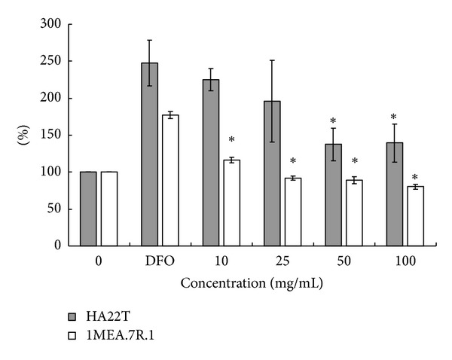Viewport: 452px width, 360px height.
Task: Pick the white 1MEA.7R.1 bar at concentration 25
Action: [x=292, y=212]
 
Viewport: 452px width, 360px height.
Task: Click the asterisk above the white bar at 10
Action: [x=231, y=141]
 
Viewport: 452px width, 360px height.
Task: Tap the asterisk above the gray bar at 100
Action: [x=394, y=118]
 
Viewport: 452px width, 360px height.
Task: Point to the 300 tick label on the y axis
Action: [x=50, y=24]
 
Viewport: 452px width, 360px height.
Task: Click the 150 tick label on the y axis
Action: [x=50, y=135]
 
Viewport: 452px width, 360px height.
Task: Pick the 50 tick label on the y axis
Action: [x=53, y=209]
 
